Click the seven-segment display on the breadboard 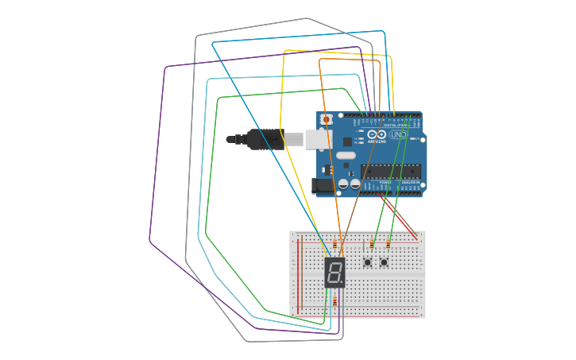(334, 272)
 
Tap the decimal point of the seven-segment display (343, 284)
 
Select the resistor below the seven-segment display (334, 301)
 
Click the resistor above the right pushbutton (388, 244)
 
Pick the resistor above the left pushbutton (372, 244)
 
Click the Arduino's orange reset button (326, 119)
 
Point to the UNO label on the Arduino (398, 135)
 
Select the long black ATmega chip (390, 171)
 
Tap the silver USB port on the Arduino (315, 139)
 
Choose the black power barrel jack (323, 186)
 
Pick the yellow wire (282, 119)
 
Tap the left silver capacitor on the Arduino (343, 184)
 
